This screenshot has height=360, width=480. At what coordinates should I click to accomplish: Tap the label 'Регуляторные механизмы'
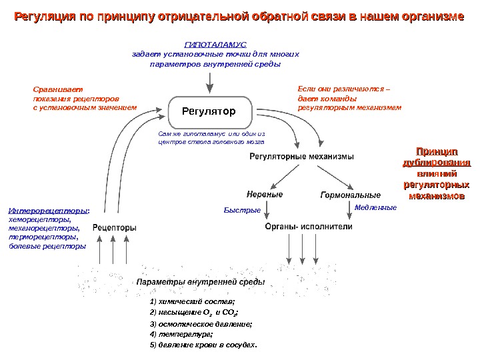coord(301,156)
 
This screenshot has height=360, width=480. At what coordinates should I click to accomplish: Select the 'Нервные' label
coord(265,195)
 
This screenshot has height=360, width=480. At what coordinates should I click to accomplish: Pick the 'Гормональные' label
coord(350,195)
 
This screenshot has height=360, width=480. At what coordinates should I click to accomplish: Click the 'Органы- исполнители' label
coord(309,227)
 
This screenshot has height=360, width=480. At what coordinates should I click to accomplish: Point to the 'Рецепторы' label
coord(114,227)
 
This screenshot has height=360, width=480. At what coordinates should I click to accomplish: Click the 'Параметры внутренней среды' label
coord(201,282)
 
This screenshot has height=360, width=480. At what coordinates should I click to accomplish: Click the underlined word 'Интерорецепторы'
coord(47,211)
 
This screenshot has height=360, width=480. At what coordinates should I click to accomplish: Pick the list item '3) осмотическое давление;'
coord(201,323)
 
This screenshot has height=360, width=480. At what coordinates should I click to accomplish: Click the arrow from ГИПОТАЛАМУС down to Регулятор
coord(211,82)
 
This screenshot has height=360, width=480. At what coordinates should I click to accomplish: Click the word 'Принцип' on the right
coord(437,151)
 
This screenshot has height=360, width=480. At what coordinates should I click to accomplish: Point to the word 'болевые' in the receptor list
coord(22,245)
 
